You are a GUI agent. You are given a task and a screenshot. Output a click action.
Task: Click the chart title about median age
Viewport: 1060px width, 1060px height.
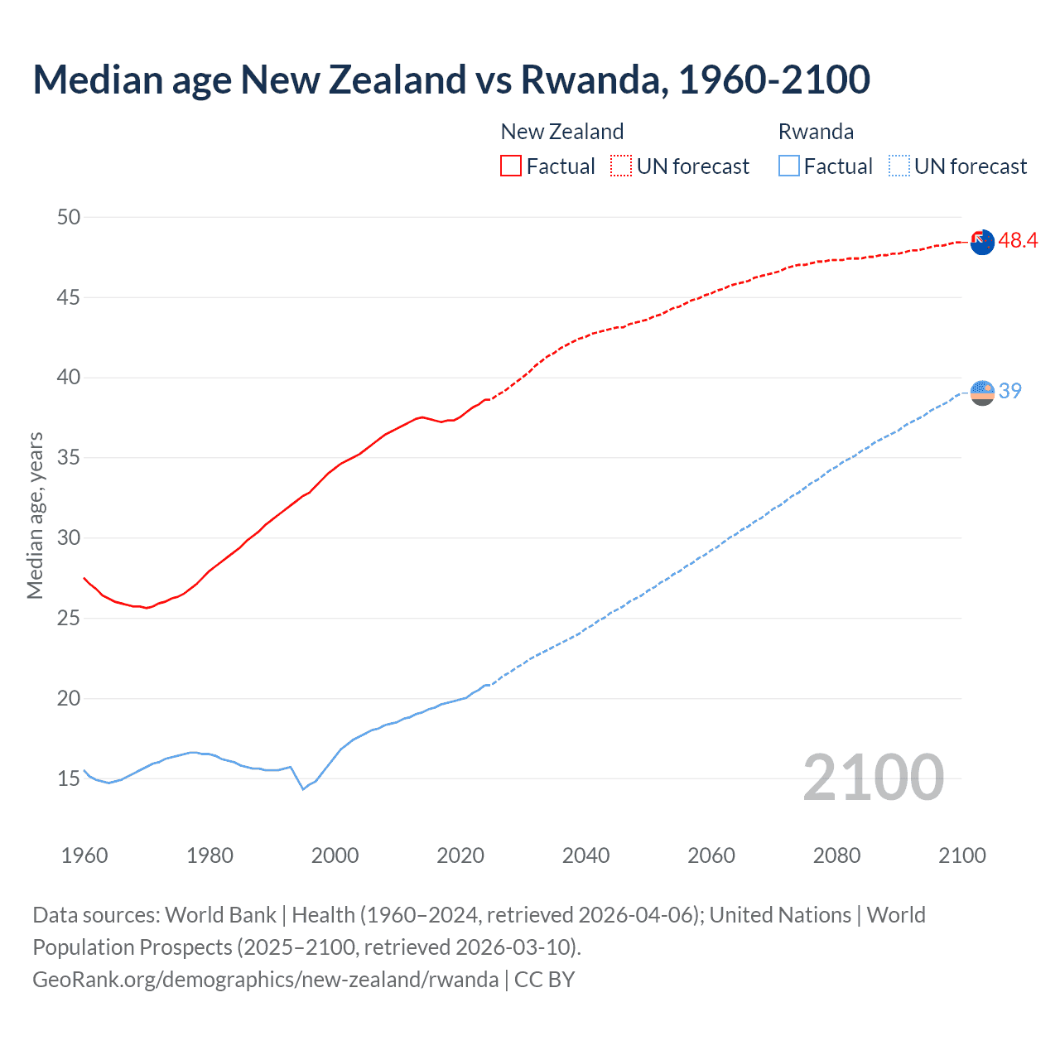point(451,79)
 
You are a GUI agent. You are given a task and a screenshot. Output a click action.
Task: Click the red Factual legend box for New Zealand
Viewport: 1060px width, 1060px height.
point(511,166)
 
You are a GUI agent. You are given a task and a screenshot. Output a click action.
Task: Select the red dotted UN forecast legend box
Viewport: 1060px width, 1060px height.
point(621,166)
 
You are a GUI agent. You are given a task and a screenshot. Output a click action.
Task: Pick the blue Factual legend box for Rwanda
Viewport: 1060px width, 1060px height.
point(789,166)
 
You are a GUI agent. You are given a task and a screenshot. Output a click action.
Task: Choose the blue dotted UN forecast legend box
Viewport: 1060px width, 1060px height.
point(899,166)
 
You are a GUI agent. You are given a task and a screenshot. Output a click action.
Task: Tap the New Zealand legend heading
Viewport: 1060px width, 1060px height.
point(561,132)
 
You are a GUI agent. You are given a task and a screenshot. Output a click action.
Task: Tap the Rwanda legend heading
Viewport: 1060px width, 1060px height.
point(816,132)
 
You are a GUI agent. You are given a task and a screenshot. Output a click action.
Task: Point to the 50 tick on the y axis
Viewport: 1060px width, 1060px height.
point(69,217)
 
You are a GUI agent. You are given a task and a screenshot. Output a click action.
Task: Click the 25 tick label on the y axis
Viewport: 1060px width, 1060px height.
point(69,618)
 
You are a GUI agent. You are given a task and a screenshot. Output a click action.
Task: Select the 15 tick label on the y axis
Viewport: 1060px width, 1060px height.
point(69,778)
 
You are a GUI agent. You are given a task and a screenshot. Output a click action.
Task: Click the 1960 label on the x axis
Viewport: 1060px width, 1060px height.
point(84,855)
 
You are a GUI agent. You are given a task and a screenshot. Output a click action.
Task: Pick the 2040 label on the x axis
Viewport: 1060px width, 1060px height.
point(585,855)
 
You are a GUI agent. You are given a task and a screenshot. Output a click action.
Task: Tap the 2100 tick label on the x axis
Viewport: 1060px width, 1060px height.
point(961,855)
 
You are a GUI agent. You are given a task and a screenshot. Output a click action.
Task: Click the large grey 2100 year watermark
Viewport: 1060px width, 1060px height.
point(873,778)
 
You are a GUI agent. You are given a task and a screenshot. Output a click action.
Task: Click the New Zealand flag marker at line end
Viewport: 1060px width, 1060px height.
point(982,243)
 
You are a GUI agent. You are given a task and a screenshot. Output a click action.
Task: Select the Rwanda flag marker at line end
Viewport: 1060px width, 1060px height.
point(982,393)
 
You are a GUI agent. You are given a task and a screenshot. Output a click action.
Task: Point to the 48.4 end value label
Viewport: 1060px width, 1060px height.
point(1018,241)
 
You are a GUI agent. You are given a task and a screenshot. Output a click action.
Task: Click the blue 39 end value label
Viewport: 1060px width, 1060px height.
point(1009,391)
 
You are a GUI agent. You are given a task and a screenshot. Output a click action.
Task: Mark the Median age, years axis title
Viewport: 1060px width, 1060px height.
point(36,515)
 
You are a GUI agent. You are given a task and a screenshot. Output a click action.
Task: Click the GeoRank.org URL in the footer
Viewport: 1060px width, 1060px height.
point(265,980)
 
